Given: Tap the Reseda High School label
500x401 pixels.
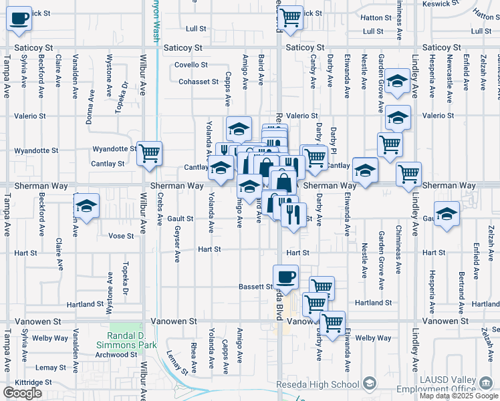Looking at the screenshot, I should coord(318,384).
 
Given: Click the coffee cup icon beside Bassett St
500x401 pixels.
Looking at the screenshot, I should coord(285,277).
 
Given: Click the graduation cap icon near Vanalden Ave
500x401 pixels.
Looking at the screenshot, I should coord(86,207).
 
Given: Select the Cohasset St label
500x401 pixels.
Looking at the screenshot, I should coord(199,82).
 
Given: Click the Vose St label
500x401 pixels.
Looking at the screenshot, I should coord(121,236).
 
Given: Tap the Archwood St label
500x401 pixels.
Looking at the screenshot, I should coord(116,354).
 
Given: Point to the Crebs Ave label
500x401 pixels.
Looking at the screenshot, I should coord(160,209).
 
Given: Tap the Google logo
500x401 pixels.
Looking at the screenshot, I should coord(22,393).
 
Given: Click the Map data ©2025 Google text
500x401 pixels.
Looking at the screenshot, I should coord(458,396).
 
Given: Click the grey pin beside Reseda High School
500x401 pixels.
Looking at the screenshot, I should coord(370,384).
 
